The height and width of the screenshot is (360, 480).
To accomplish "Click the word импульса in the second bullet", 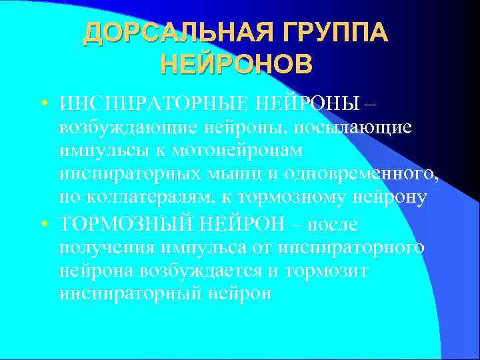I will (x=205, y=248).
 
